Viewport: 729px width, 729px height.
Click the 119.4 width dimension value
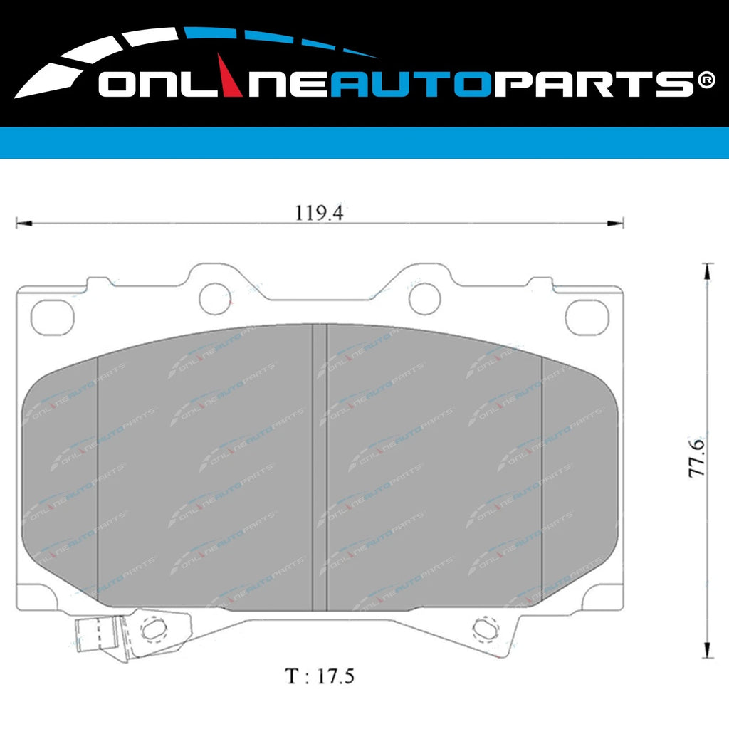[x=319, y=213]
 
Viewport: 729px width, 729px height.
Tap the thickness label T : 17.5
[x=320, y=676]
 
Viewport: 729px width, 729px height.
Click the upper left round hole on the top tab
[x=215, y=298]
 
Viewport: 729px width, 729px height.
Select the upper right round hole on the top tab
[x=425, y=298]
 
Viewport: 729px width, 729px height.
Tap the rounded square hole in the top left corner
[x=53, y=315]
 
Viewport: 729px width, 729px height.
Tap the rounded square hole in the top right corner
[x=587, y=315]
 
